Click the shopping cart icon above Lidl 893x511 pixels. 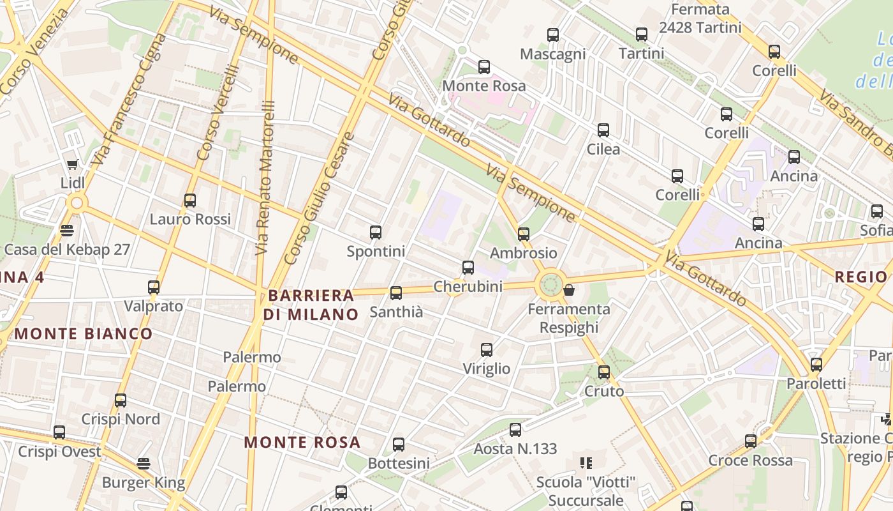click(73, 164)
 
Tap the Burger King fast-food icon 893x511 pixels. click(144, 463)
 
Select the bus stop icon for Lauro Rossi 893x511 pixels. click(190, 201)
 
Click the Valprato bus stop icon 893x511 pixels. click(154, 287)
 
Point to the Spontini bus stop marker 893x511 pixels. click(376, 233)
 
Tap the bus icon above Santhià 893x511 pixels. click(396, 293)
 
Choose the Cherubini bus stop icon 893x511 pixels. click(468, 268)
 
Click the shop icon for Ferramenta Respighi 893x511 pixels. click(569, 291)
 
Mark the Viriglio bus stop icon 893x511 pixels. click(487, 350)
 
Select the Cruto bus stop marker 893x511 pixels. click(604, 372)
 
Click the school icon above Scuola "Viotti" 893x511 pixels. click(586, 462)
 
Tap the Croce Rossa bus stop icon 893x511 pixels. click(751, 441)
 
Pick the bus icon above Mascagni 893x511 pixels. click(553, 35)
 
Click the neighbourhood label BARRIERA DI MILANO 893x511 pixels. click(312, 305)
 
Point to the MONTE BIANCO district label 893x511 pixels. click(84, 333)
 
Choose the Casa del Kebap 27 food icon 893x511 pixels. click(67, 230)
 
